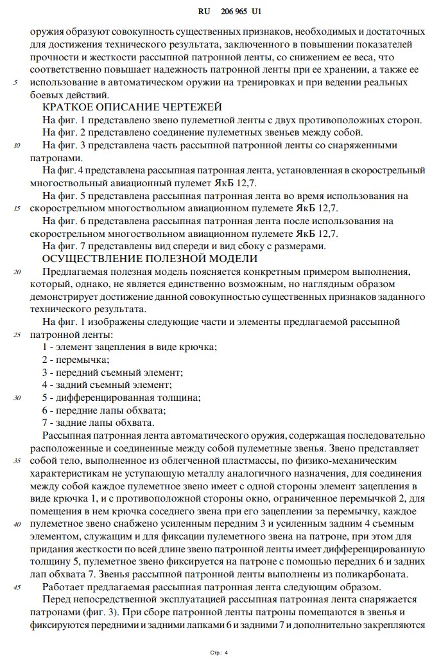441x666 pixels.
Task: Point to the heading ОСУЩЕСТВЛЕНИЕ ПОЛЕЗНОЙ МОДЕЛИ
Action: pos(150,259)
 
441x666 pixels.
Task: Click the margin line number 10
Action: pos(17,145)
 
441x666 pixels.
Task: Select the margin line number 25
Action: pos(17,335)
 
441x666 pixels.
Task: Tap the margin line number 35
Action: pos(17,460)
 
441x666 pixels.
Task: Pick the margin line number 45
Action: pos(17,587)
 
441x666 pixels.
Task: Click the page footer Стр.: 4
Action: pos(219,653)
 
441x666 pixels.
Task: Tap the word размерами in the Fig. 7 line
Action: pos(304,246)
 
